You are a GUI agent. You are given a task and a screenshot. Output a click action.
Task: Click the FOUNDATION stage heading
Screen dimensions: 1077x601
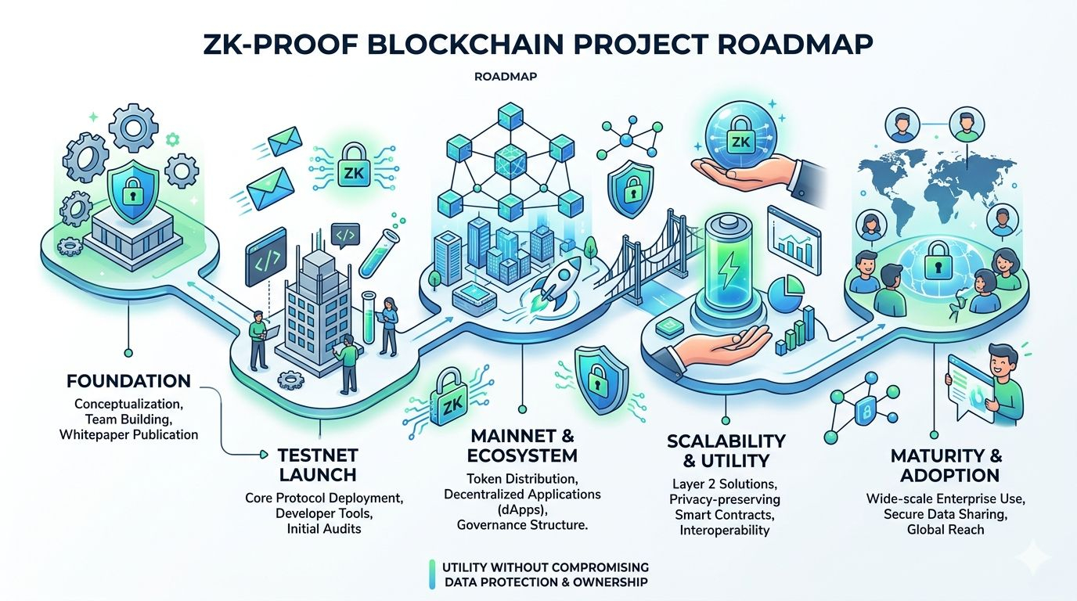128,382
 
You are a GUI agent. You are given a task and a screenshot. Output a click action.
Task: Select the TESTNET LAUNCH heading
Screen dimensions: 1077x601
318,464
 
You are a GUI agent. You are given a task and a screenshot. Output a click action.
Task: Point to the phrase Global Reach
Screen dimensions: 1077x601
946,529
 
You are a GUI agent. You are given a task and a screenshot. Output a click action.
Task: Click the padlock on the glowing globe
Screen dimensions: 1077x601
935,266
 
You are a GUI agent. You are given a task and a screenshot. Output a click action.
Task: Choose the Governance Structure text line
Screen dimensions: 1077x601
521,525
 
